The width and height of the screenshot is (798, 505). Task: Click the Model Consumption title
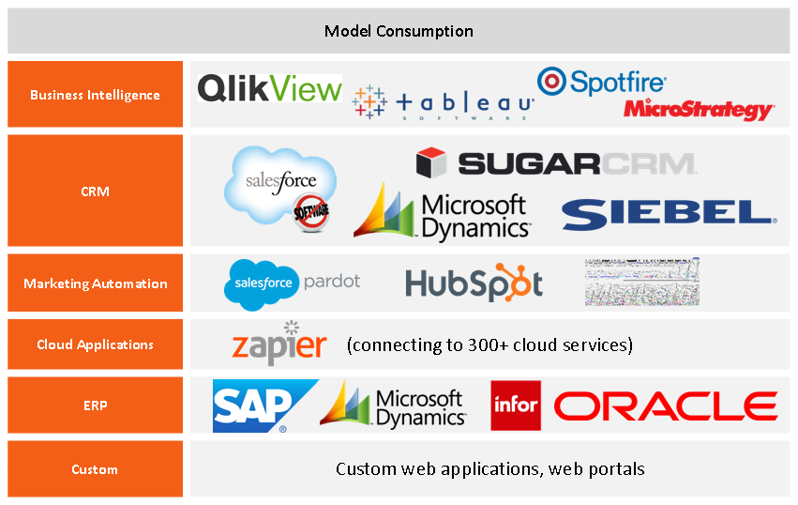click(x=399, y=31)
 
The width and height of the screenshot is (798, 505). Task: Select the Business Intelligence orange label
click(x=95, y=95)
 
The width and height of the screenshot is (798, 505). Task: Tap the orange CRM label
click(x=95, y=191)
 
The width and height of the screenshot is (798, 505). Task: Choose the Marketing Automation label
click(x=95, y=283)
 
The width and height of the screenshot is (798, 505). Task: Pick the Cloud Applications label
click(x=95, y=344)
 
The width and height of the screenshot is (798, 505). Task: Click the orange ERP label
click(x=95, y=406)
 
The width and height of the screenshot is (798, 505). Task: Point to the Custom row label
click(x=95, y=469)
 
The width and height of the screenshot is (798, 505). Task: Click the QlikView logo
click(x=269, y=89)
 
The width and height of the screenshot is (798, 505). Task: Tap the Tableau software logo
click(x=444, y=102)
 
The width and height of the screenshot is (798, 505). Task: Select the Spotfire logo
click(x=601, y=83)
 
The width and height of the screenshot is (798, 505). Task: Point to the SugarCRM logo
click(x=556, y=163)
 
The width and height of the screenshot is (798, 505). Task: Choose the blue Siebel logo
click(x=669, y=214)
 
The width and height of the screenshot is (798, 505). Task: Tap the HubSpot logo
click(x=474, y=283)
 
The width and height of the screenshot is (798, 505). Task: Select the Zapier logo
click(x=279, y=344)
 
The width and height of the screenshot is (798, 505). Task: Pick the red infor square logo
click(x=516, y=406)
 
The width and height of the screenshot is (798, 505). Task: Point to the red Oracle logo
click(x=666, y=406)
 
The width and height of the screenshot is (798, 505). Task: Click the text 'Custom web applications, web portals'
click(x=489, y=468)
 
